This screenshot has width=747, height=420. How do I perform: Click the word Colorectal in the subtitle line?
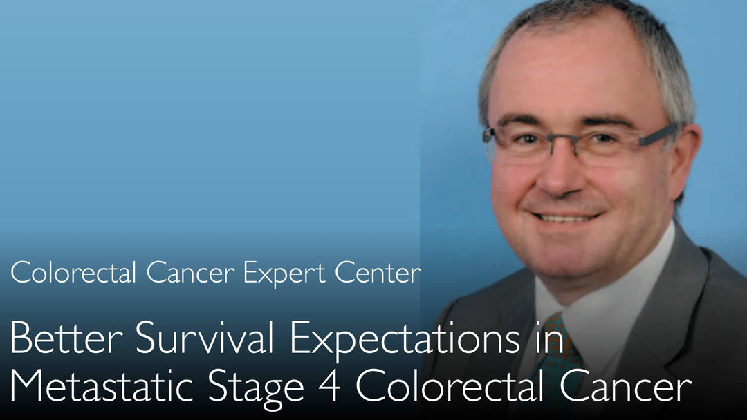click(73, 273)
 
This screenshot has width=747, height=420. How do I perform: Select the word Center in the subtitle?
click(378, 273)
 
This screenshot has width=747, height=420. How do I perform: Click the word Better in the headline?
click(66, 337)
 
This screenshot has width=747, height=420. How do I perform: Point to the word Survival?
click(204, 337)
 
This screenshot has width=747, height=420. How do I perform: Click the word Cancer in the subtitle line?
click(191, 273)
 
